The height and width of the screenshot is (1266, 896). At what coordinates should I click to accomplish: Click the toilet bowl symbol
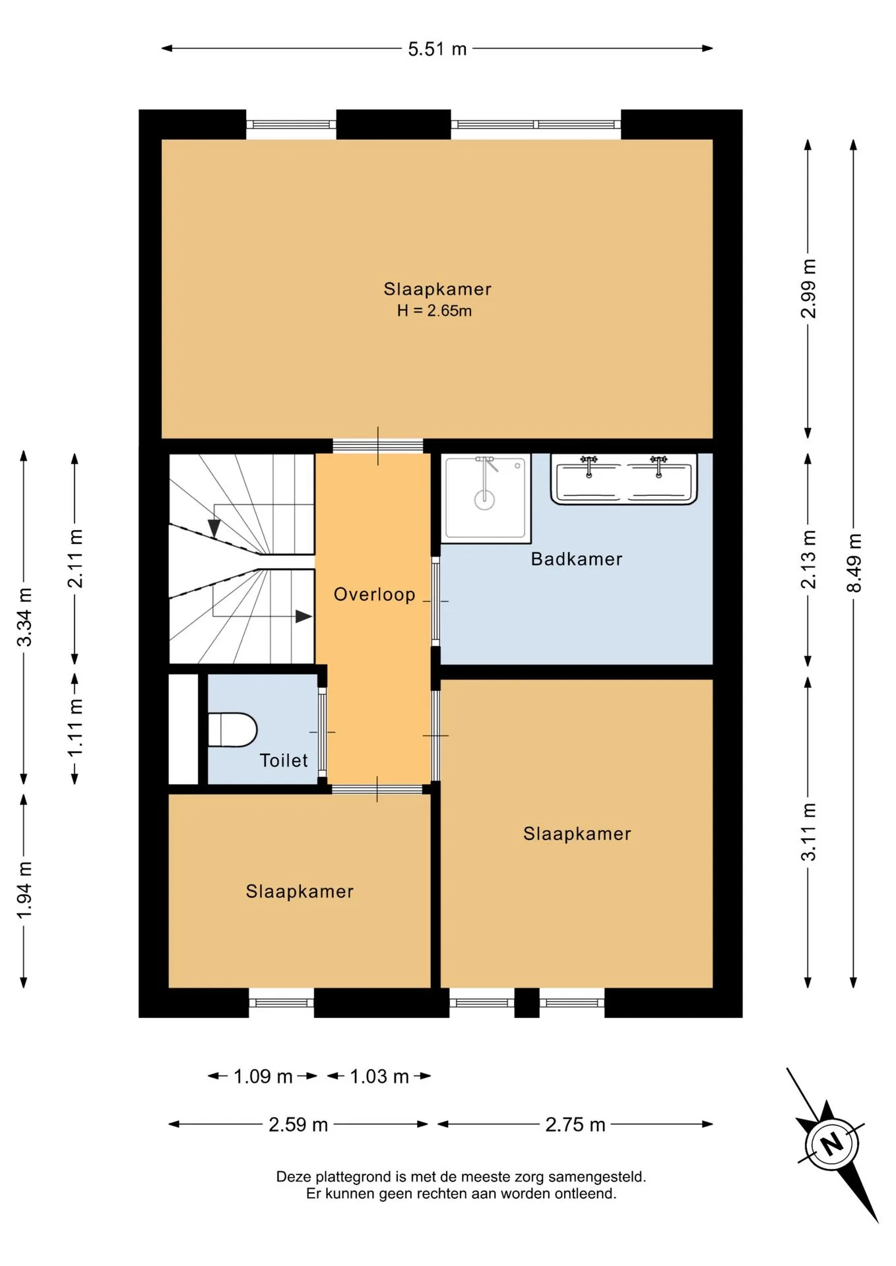coord(232,730)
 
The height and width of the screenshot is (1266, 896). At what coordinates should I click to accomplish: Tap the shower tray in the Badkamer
coord(486,498)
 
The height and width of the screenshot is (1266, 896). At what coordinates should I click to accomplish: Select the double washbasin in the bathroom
coord(624,479)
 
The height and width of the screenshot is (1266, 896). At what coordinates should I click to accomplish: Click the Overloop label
coord(374,595)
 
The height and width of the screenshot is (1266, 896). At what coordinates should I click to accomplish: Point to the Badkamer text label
coord(577,559)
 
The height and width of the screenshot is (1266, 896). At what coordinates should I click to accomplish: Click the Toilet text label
coord(284,760)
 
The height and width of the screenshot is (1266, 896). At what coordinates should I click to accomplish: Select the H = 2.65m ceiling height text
coord(434,311)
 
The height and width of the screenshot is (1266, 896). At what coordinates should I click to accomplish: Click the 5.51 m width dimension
coord(437,49)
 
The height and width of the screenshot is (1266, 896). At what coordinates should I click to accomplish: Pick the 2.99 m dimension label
coord(808,288)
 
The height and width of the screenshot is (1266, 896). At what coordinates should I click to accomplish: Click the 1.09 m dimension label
coord(263,1077)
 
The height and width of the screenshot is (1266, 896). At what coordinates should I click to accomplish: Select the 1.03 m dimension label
coord(379,1077)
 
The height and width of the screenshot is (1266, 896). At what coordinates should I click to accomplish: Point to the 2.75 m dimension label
coord(575,1124)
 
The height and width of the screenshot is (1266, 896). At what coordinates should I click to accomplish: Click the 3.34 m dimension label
coord(24,617)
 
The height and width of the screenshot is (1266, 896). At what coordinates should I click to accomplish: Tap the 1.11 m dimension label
coord(75,728)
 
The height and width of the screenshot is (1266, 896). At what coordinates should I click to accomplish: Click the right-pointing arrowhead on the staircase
coord(304,617)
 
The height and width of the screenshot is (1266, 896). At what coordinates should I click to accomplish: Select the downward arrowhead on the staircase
coord(214,528)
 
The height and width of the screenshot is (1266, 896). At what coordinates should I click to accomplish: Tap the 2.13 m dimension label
coord(808,559)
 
